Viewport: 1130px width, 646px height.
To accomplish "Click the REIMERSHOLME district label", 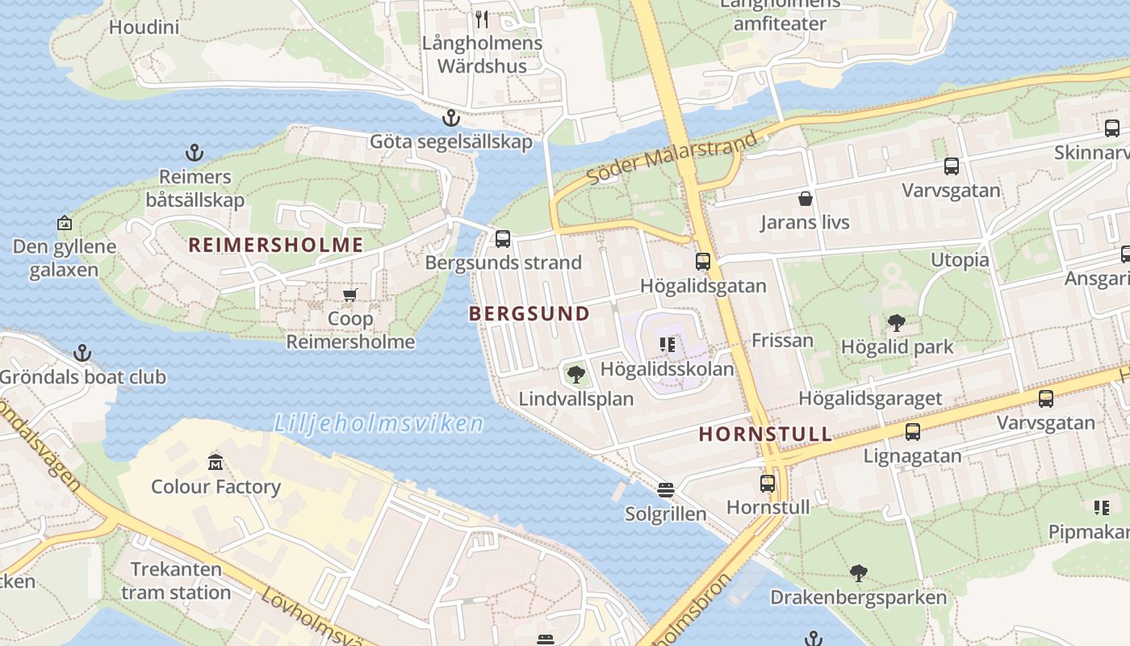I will click(275, 244).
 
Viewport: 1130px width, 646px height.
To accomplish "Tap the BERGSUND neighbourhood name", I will click(529, 313).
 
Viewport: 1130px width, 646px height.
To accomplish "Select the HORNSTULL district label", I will click(765, 434).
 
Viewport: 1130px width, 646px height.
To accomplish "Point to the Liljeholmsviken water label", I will click(379, 423).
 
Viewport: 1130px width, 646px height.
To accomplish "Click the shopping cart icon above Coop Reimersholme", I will click(350, 295).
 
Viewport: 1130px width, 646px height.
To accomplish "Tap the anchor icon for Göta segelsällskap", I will click(450, 119).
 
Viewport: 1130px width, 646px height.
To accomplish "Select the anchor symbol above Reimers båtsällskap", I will click(194, 153).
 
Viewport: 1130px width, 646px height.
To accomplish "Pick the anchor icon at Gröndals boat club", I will click(82, 353).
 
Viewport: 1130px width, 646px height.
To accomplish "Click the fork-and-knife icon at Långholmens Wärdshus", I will click(482, 19).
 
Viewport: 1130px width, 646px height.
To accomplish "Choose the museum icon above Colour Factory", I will click(216, 463).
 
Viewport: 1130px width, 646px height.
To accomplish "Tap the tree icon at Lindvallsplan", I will click(575, 374).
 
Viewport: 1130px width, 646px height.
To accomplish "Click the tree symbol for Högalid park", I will click(897, 323).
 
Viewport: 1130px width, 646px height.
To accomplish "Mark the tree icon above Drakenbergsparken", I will click(858, 573).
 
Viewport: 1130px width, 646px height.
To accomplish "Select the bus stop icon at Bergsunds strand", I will click(502, 238).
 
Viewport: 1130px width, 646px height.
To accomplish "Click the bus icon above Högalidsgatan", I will click(703, 262).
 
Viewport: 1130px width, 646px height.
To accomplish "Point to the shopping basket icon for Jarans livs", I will click(805, 199).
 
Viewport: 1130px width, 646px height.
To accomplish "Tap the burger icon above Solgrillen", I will click(665, 489).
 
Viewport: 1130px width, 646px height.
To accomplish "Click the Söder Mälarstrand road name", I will click(672, 157).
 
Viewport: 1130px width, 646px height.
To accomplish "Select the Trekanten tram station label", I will click(176, 581).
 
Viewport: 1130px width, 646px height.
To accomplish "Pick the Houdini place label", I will click(144, 27).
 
